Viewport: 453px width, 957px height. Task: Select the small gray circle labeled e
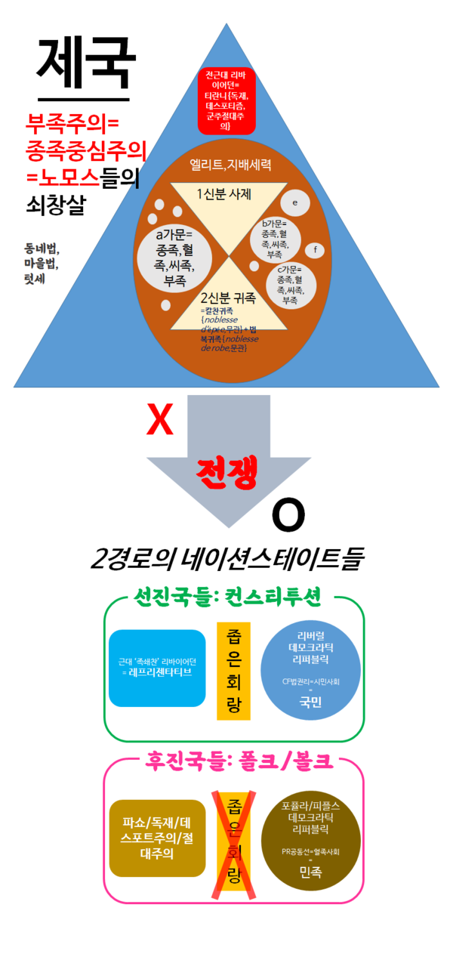click(294, 202)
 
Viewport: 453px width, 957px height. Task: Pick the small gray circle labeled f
click(315, 250)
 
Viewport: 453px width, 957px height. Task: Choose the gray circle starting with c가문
click(289, 284)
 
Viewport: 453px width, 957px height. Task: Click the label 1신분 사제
click(228, 194)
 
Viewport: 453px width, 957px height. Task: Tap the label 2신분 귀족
click(228, 298)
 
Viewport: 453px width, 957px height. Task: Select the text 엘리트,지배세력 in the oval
click(230, 163)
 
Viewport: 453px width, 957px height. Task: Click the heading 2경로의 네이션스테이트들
click(227, 560)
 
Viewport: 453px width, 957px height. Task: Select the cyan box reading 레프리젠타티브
click(157, 668)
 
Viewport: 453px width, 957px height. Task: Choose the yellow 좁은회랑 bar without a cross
click(233, 670)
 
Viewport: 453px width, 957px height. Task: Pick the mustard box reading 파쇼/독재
click(157, 838)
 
